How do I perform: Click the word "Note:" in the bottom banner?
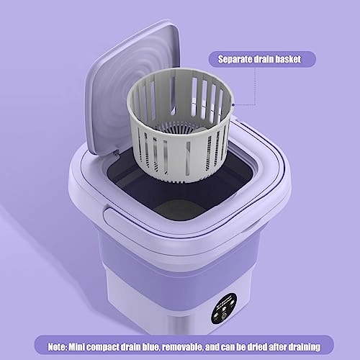point(58,347)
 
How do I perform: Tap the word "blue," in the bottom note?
point(152,347)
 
